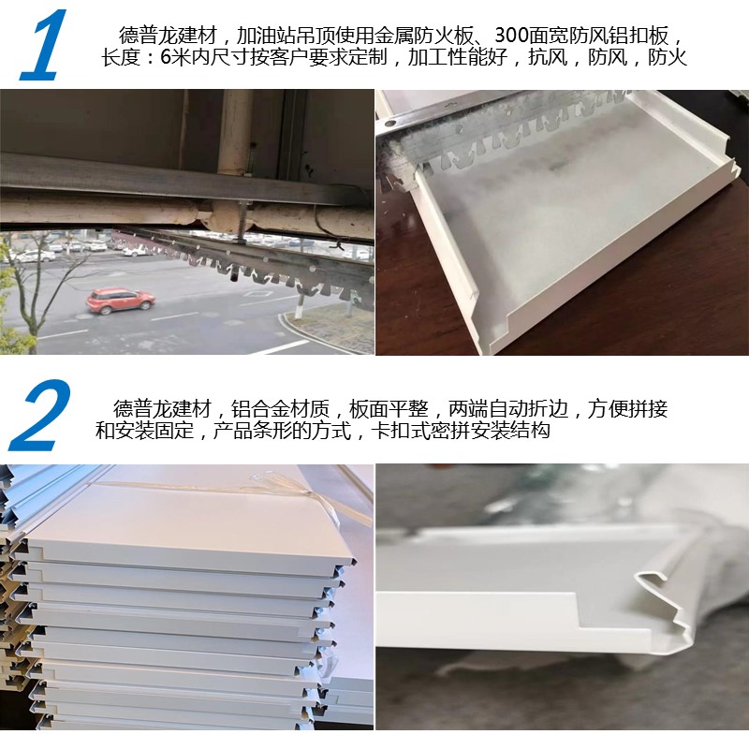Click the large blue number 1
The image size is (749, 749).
point(44,45)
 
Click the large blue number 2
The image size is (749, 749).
point(40,415)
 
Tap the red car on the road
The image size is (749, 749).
point(121,300)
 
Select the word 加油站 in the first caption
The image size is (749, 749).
point(266,36)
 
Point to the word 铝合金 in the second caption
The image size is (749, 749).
point(260,409)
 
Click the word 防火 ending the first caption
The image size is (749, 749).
point(668,57)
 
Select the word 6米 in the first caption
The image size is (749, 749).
point(171,57)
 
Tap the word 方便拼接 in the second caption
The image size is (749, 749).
point(627,409)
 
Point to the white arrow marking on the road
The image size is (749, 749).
point(259,293)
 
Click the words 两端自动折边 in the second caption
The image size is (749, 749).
point(508,409)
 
